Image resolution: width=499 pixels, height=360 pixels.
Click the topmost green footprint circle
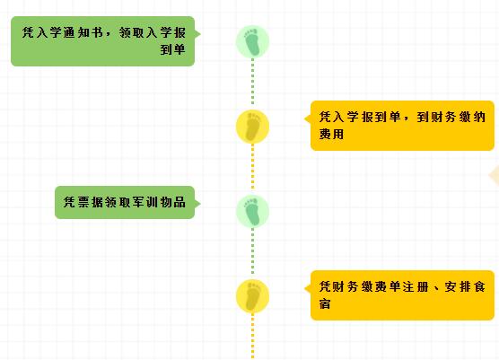click(252, 41)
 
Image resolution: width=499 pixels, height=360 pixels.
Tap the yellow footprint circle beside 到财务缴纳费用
click(252, 127)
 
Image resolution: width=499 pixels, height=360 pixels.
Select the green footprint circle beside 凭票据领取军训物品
click(252, 211)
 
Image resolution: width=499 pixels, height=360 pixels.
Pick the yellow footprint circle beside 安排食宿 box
click(252, 296)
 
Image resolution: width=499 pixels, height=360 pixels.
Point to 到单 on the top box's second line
click(172, 49)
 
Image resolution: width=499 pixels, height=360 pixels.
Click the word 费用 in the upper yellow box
click(331, 134)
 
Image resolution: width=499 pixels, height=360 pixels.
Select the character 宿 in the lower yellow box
click(325, 303)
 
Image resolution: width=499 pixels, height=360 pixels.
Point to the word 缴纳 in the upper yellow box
click(473, 117)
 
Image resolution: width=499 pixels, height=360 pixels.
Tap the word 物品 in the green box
click(173, 202)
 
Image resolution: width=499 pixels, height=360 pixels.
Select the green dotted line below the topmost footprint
click(253, 81)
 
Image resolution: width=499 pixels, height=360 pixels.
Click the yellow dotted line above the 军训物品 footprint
click(253, 166)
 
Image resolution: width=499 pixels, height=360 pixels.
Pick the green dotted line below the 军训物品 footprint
click(253, 251)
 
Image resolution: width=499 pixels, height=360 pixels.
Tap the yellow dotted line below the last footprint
click(253, 336)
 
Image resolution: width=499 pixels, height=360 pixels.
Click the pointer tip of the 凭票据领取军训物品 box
click(200, 204)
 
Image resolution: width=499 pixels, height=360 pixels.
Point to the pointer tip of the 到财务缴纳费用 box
click(305, 119)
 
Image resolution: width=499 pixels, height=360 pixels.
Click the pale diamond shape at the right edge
click(495, 175)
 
